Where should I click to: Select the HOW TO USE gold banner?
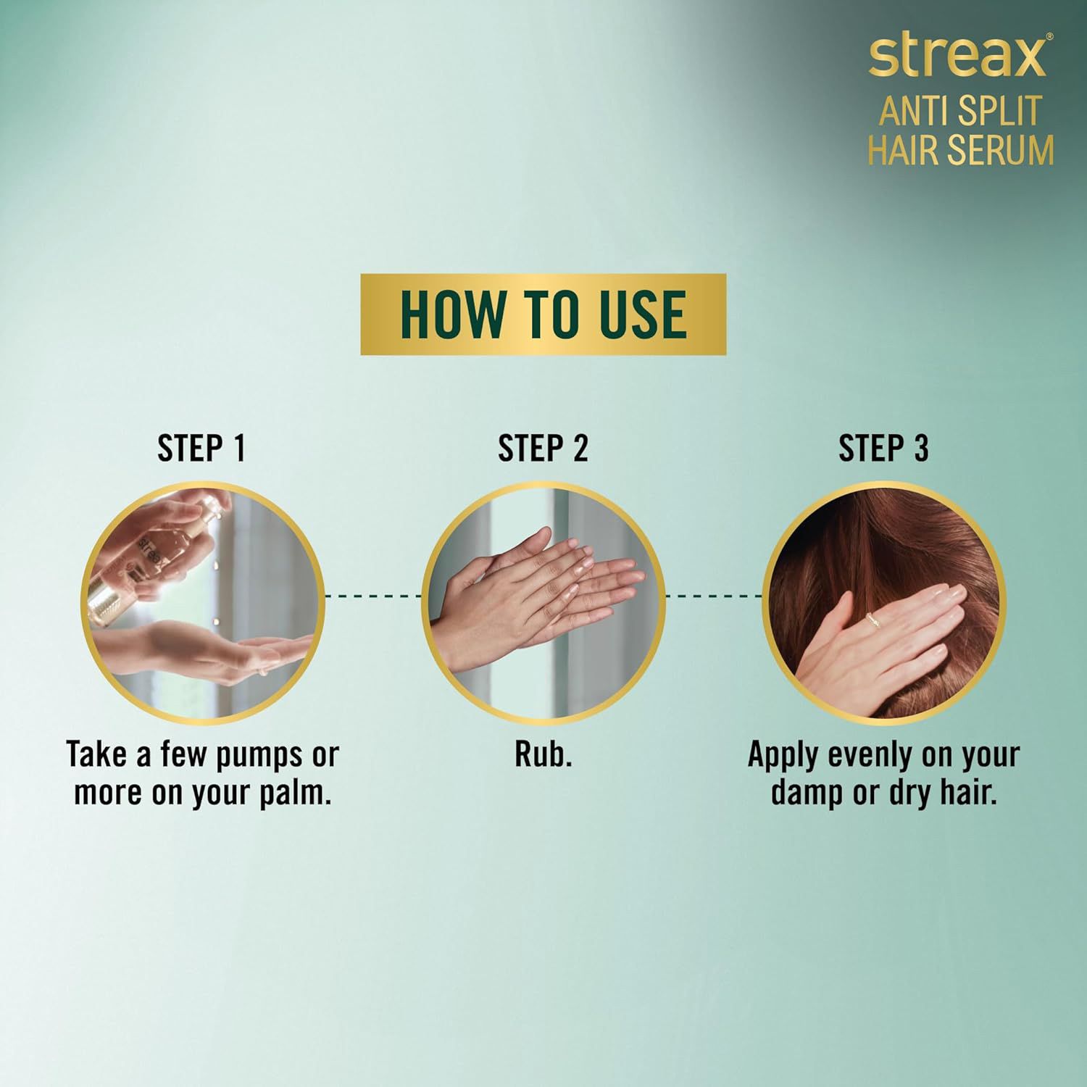point(543,314)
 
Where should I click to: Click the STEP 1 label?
point(201,449)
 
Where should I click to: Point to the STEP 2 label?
point(543,449)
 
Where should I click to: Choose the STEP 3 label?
point(883,449)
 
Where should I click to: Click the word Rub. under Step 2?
point(543,755)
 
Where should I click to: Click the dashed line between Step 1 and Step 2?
point(373,596)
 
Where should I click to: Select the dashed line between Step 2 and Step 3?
point(714,596)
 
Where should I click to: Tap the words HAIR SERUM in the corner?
point(961,150)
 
